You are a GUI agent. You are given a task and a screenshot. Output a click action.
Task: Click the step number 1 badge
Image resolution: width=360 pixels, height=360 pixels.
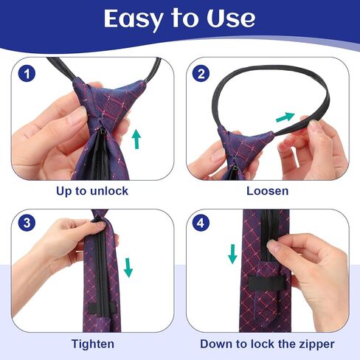27,74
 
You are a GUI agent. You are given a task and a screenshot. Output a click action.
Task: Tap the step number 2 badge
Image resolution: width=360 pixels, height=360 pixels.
201,74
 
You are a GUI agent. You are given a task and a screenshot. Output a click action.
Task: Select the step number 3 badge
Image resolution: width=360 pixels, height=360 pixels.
27,223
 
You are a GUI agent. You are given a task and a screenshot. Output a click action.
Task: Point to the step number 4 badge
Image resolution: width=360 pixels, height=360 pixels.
201,223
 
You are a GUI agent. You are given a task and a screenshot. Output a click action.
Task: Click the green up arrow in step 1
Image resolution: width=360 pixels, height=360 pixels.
136,139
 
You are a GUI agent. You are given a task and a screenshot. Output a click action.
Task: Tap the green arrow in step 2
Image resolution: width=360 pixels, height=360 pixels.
285,117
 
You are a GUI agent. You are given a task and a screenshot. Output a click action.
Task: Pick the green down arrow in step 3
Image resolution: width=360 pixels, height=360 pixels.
128,268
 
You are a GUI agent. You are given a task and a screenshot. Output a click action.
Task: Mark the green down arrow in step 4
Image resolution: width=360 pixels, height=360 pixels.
232,254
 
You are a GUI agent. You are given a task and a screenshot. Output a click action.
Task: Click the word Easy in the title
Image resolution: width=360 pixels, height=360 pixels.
134,19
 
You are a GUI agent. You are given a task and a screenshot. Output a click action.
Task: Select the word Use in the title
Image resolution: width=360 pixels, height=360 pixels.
231,18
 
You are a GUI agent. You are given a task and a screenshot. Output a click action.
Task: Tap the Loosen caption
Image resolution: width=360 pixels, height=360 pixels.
268,191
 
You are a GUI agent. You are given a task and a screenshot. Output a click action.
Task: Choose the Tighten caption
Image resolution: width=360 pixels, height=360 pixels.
93,344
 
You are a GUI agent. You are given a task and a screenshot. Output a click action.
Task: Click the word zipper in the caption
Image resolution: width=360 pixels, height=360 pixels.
316,345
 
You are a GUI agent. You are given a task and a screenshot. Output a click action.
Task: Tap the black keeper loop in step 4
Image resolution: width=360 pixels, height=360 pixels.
267,283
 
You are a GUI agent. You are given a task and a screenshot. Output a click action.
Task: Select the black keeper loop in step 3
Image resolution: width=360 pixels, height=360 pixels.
102,308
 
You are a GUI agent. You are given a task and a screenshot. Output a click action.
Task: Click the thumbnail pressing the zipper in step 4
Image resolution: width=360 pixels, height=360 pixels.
272,245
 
